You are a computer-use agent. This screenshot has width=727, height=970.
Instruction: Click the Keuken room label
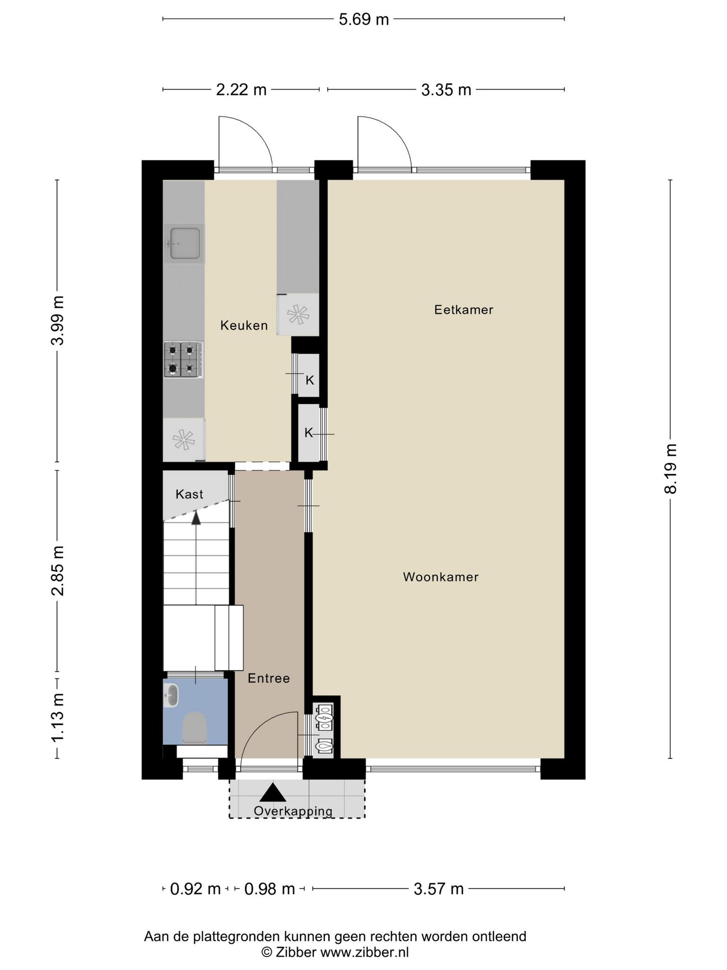pos(244,325)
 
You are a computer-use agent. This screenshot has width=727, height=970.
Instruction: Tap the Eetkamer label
pos(464,310)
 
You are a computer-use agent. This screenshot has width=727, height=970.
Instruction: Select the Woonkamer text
pos(441,577)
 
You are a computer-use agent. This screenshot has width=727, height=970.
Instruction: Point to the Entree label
pos(269,678)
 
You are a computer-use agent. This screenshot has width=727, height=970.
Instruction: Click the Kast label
pos(189,494)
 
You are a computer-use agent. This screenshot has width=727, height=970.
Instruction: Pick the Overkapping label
pos(293,811)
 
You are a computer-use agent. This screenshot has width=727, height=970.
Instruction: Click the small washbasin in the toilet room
pos(171,695)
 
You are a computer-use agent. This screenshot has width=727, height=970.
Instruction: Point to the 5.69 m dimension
pos(363,19)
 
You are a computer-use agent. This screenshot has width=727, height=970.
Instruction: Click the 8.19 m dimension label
pos(670,469)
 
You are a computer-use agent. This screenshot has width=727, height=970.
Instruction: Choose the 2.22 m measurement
pos(241,90)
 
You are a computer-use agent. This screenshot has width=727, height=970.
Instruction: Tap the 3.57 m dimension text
pos(439,889)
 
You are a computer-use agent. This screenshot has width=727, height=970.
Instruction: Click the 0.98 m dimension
pos(269,889)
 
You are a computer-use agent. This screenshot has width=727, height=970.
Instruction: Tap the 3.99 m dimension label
pos(58,321)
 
